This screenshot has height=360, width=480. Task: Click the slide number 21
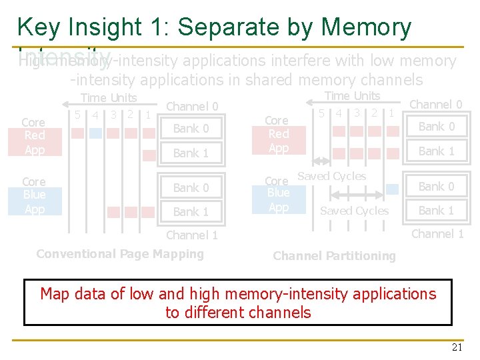457,347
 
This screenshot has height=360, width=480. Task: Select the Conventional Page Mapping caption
120,254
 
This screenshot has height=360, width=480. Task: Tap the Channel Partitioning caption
334,256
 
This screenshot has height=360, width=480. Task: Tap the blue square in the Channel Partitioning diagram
392,189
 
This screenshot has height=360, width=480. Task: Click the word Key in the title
39,27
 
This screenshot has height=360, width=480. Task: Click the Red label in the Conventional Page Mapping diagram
34,136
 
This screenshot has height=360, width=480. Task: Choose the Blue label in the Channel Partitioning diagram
278,193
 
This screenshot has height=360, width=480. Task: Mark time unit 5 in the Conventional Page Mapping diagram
79,114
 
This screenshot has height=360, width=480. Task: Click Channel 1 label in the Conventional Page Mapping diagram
192,235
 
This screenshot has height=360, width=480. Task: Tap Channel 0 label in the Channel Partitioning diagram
435,104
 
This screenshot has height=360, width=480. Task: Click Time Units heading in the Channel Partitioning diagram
352,96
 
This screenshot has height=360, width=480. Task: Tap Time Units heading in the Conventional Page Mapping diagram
109,98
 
